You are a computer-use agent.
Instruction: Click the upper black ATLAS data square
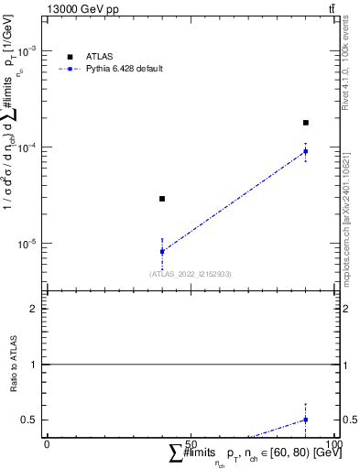click(306, 122)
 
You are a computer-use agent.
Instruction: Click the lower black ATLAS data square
click(162, 199)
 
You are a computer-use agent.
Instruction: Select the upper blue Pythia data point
click(306, 151)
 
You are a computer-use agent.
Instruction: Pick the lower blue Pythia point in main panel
click(162, 251)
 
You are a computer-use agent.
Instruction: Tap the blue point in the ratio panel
click(306, 420)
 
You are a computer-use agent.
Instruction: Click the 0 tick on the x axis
click(48, 444)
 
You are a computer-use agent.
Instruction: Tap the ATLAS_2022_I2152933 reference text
click(191, 274)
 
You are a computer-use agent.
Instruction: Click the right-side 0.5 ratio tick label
click(348, 420)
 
